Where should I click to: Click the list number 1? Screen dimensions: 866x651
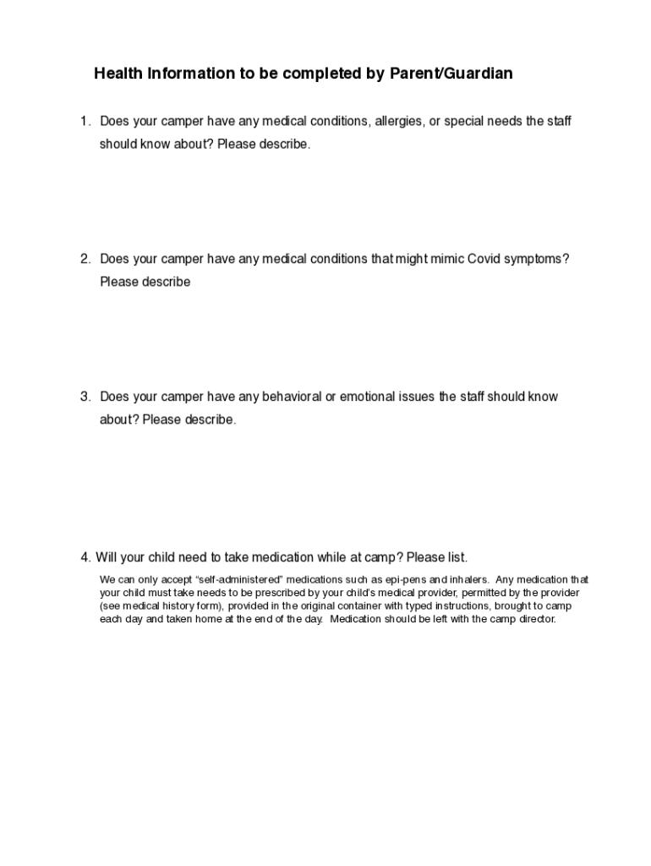pyautogui.click(x=85, y=121)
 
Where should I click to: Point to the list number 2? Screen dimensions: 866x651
pyautogui.click(x=85, y=258)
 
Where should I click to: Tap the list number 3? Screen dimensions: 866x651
pyautogui.click(x=85, y=397)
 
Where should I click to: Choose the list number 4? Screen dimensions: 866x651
pyautogui.click(x=85, y=557)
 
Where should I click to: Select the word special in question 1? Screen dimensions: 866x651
pyautogui.click(x=463, y=121)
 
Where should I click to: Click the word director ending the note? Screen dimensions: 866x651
pyautogui.click(x=536, y=618)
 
